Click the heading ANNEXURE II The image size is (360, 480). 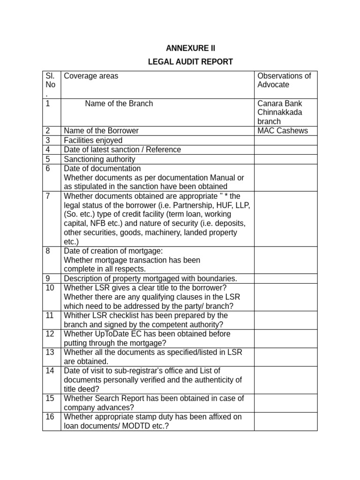191,49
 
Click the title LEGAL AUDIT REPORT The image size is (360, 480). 190,62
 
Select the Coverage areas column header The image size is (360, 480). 91,76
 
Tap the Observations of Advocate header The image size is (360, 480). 284,80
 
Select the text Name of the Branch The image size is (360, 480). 119,104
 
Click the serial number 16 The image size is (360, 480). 50,417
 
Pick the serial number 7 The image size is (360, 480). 48,195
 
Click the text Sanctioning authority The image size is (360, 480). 99,159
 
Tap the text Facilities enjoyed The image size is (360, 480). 93,140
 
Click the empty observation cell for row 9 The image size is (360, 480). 285,278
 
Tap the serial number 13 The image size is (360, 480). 50,352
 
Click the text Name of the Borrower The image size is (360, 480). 101,131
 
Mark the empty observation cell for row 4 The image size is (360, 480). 285,150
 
